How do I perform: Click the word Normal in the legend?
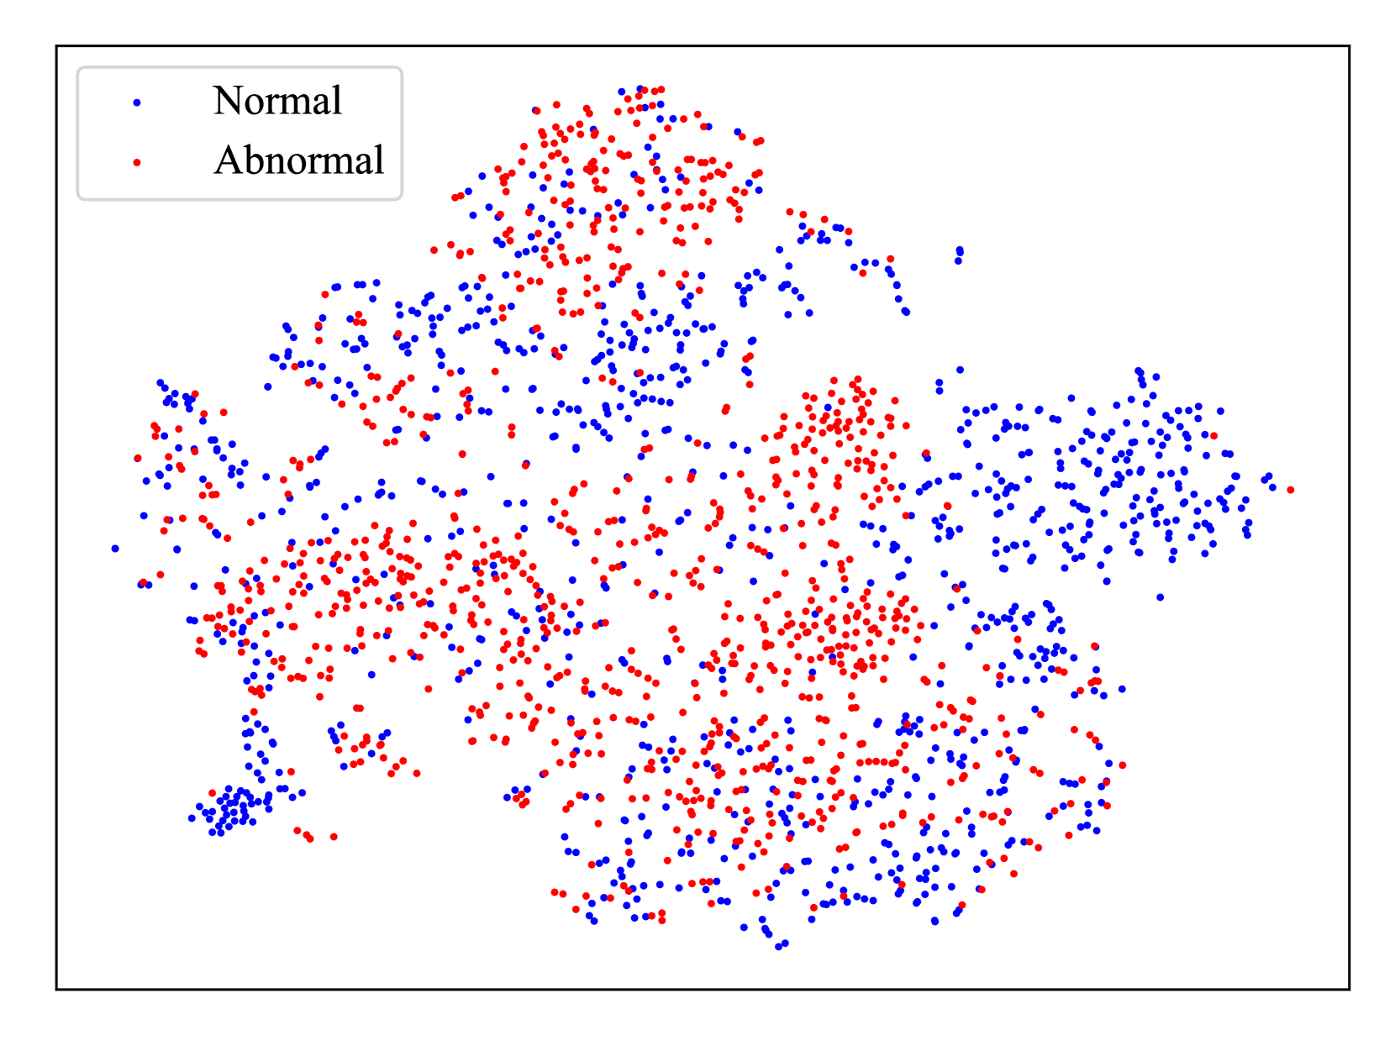point(277,100)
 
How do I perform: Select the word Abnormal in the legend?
point(298,160)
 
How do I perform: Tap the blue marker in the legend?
point(137,102)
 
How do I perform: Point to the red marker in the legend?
point(137,163)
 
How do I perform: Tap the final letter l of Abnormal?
point(379,159)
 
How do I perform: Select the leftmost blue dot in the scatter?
point(115,548)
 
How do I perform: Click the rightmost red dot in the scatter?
point(1290,490)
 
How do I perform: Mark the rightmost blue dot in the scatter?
point(1272,488)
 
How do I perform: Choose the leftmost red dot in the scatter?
point(138,458)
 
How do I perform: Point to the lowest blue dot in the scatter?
point(778,947)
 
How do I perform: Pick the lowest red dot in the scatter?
point(662,920)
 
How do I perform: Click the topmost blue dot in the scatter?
point(640,89)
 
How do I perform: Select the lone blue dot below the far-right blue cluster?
point(1160,597)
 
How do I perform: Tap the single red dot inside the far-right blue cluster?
point(1213,436)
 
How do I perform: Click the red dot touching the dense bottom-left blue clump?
point(213,792)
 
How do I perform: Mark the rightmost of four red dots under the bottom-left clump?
point(334,837)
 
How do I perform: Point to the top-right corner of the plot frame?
point(1350,45)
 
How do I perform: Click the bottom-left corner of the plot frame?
point(56,989)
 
